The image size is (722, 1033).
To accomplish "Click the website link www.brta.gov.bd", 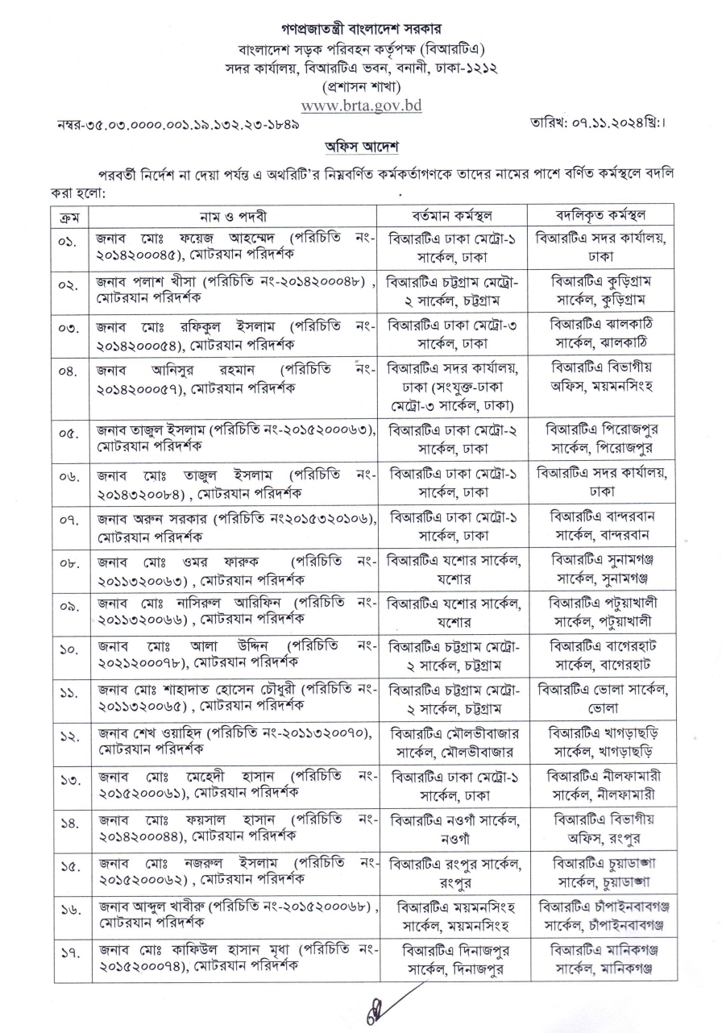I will coord(361,105).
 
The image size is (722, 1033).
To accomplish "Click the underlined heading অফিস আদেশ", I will coord(360,147).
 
